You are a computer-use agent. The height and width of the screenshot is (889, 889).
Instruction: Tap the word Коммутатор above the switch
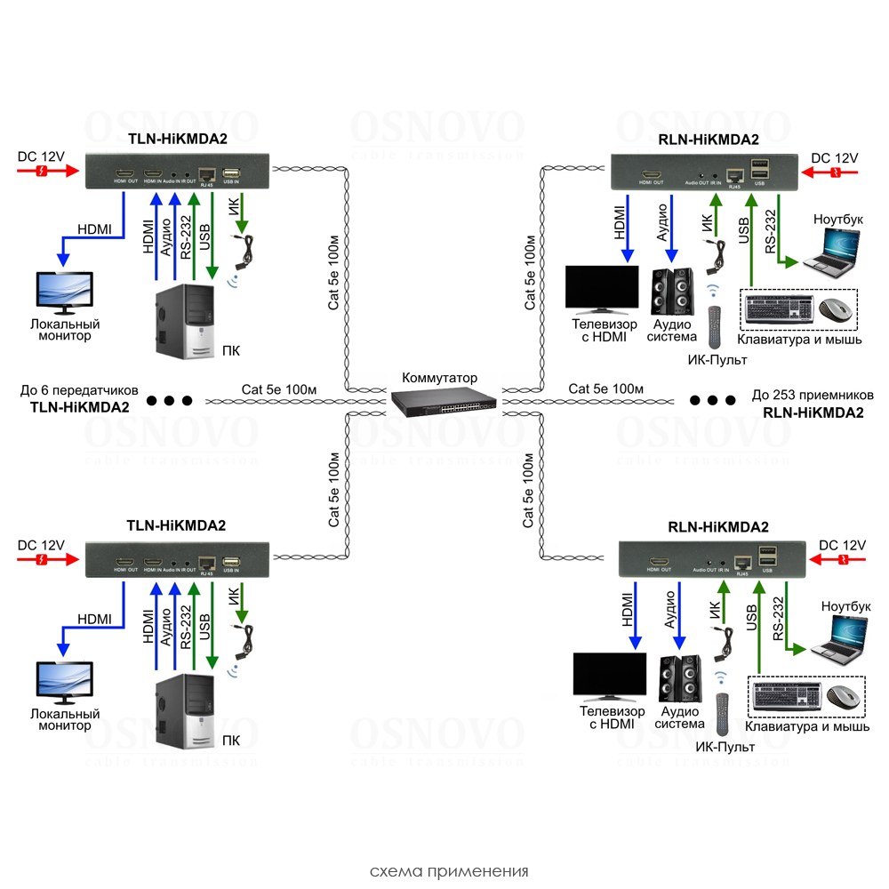(439, 377)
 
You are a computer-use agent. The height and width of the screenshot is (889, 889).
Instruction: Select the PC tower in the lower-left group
(184, 713)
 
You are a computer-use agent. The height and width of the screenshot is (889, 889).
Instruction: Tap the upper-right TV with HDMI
(602, 290)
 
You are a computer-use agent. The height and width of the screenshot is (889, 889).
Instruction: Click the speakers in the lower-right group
(680, 681)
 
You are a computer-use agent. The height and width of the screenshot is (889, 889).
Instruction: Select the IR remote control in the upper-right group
(713, 327)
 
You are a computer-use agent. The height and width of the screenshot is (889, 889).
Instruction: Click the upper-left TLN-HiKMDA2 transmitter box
(178, 170)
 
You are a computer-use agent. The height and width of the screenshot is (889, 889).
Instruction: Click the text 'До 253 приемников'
(813, 395)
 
